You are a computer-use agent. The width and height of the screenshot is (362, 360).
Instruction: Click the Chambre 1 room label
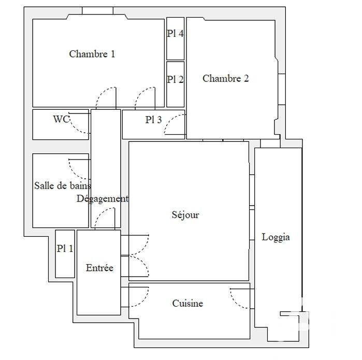[92, 54]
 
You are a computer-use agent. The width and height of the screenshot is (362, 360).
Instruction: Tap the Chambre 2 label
[225, 79]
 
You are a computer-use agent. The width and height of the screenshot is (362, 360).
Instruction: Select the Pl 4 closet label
[175, 34]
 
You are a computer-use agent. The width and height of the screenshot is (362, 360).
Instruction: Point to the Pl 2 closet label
[175, 79]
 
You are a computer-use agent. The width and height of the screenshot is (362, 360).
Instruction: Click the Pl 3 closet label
[153, 120]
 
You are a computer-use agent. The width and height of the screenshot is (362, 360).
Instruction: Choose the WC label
[61, 119]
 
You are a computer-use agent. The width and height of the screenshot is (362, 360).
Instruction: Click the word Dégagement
[102, 199]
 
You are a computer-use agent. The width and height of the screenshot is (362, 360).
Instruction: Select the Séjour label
[185, 215]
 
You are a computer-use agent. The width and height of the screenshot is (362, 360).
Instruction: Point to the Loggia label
[276, 238]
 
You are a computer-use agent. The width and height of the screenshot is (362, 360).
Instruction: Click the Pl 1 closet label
[65, 249]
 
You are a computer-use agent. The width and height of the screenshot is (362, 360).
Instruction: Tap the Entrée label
[99, 268]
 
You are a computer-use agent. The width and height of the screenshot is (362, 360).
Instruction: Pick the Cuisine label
[187, 304]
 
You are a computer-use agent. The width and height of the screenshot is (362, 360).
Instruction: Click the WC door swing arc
[80, 124]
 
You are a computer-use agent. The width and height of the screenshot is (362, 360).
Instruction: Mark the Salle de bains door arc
[79, 169]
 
